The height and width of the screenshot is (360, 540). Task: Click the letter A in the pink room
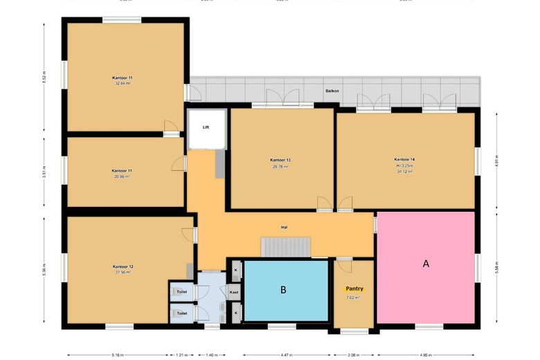pos(426,264)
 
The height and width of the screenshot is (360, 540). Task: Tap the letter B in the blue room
pos(283,290)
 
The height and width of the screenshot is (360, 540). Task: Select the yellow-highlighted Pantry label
pos(354,289)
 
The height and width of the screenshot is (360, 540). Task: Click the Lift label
pos(206,127)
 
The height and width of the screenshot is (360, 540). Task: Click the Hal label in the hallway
pos(284,227)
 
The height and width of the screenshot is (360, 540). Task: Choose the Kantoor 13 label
pos(280,160)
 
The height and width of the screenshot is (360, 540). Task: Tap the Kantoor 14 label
pos(404,159)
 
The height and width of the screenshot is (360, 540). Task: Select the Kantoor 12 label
pos(123,266)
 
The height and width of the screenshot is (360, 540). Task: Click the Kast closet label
pos(235,293)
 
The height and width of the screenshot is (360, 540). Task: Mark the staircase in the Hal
pos(285,246)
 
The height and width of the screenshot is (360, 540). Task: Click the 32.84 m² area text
pos(122,83)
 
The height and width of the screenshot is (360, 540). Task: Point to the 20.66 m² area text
pos(122,177)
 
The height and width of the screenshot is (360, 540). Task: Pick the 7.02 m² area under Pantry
pos(353,298)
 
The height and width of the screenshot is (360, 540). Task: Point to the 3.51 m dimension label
pos(44,173)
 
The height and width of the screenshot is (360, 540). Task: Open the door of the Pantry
pos(344,265)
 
